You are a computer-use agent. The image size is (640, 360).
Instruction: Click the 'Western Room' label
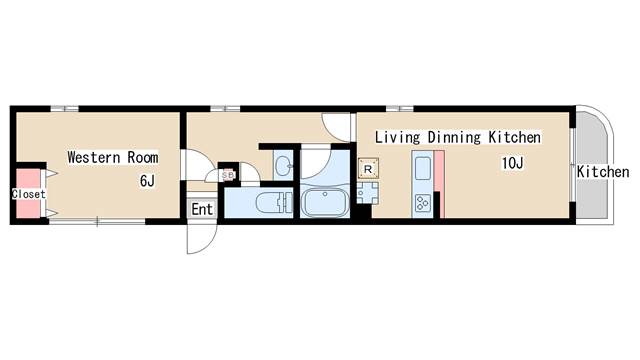(x=113, y=157)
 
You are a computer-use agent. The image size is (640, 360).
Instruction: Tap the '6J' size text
(x=147, y=180)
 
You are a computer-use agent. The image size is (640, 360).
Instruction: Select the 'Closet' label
(x=29, y=194)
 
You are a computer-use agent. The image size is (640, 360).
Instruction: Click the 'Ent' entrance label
(x=202, y=209)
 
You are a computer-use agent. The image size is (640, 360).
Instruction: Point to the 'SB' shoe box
(x=228, y=175)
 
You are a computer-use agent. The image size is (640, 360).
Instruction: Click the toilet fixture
(x=273, y=203)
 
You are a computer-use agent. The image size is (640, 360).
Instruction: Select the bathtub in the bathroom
(x=325, y=203)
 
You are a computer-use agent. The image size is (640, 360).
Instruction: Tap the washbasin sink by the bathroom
(x=282, y=166)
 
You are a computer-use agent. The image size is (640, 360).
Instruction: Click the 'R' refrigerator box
(x=368, y=169)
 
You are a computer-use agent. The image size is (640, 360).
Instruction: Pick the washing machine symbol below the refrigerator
(x=367, y=193)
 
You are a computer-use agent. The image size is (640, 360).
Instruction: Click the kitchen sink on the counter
(x=422, y=168)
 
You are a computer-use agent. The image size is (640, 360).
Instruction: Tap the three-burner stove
(x=422, y=203)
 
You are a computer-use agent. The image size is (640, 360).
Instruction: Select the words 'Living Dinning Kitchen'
(x=458, y=137)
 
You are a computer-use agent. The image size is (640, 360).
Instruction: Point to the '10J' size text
(x=512, y=163)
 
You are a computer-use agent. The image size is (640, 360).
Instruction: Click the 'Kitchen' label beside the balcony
(x=603, y=172)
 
